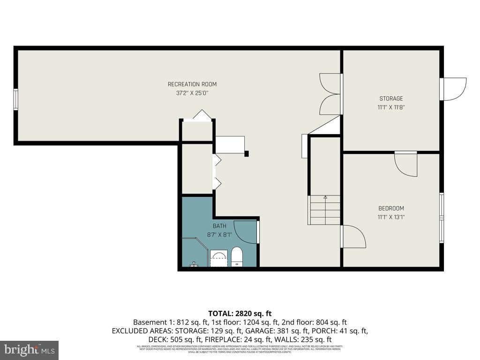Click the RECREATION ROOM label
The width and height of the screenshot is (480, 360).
(192, 84)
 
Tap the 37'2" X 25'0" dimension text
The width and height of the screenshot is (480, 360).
(192, 93)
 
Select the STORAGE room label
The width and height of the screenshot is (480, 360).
(391, 99)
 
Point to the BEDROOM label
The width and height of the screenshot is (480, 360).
(391, 209)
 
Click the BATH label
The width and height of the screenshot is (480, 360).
(220, 226)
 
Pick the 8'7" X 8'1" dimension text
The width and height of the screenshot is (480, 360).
(220, 235)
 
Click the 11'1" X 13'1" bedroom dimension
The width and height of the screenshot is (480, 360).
(391, 217)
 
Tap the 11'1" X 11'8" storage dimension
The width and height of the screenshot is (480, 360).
(391, 107)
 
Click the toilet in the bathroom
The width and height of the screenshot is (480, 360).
(237, 257)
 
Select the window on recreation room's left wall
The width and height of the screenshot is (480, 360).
(16, 99)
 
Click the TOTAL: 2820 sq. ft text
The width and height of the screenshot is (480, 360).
(240, 313)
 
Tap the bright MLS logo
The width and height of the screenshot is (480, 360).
(29, 350)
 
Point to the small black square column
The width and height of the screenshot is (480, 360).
(247, 153)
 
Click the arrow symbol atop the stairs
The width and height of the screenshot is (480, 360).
(325, 197)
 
